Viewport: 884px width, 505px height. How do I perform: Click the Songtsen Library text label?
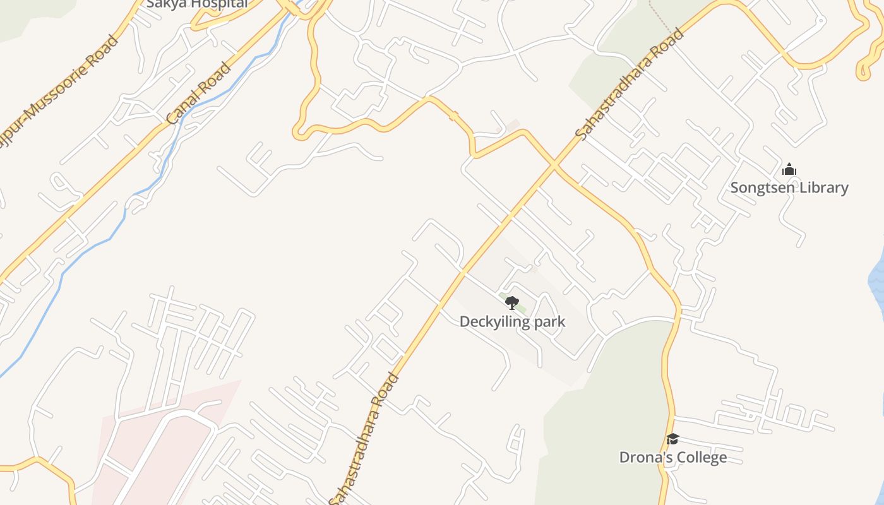(789, 187)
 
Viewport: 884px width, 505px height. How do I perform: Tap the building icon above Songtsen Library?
(789, 169)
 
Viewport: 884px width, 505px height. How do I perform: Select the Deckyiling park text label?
(512, 321)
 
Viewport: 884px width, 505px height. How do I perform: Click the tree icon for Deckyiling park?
(512, 303)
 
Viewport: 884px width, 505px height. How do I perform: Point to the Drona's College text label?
(673, 457)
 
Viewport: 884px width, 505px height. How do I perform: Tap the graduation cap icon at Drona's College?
(673, 439)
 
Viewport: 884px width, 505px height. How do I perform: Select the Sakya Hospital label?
(196, 4)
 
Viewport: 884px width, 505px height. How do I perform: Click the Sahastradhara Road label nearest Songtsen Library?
(630, 83)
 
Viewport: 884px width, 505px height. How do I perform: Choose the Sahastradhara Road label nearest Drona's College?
(364, 439)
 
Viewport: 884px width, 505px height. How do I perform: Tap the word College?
(702, 457)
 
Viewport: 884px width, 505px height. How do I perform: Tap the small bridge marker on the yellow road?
(453, 116)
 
